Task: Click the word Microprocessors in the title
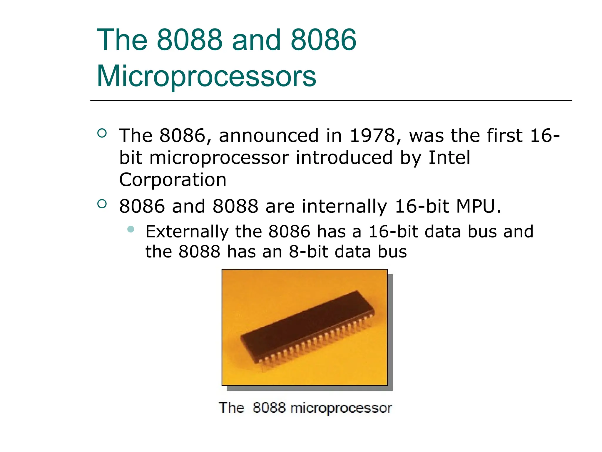click(x=206, y=76)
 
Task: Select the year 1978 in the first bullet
click(x=372, y=136)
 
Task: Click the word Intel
click(x=449, y=157)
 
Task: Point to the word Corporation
click(x=173, y=180)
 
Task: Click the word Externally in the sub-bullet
click(x=187, y=231)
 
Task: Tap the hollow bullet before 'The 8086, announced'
click(x=102, y=133)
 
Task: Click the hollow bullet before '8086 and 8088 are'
click(x=102, y=204)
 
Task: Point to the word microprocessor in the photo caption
click(x=341, y=408)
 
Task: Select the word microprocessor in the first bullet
click(x=219, y=158)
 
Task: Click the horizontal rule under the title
click(x=331, y=100)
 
